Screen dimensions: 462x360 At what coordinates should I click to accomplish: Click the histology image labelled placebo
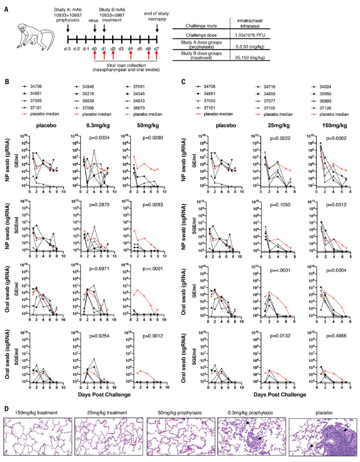pos(321,437)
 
